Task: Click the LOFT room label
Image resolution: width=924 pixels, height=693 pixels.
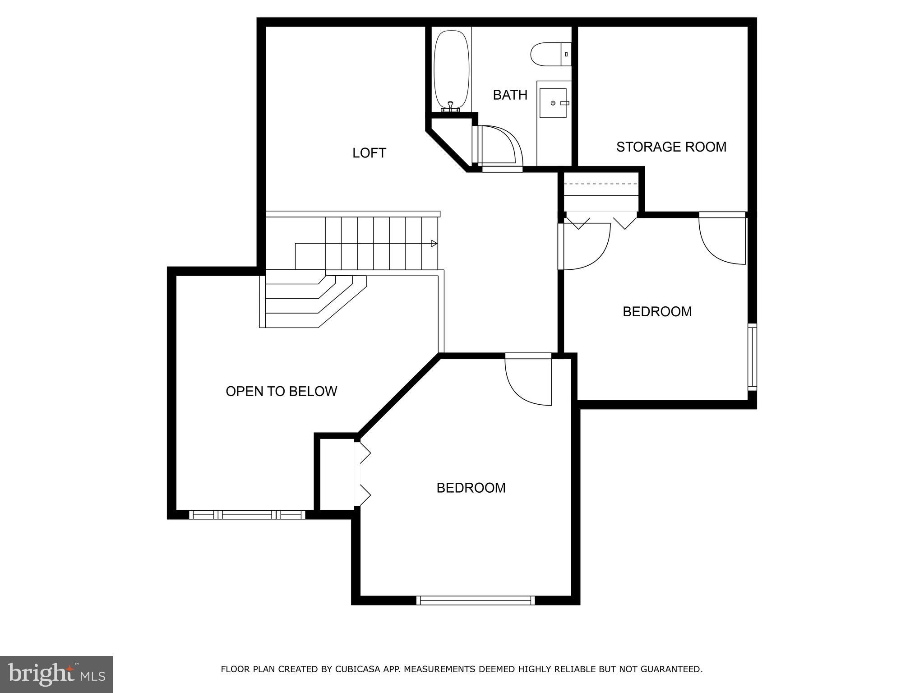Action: (x=369, y=153)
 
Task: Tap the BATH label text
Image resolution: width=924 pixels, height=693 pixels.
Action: (x=510, y=95)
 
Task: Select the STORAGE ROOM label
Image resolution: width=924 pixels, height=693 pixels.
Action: (x=671, y=147)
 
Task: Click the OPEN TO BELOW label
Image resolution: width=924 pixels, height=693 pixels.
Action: (x=281, y=391)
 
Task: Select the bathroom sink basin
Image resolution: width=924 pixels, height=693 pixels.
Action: (x=553, y=103)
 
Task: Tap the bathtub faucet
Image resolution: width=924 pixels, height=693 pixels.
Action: (x=450, y=106)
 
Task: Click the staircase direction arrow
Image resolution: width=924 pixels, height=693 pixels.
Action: (x=434, y=244)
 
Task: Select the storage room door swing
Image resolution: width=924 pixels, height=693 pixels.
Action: (x=722, y=239)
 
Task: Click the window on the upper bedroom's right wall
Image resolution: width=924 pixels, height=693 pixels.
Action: (x=752, y=356)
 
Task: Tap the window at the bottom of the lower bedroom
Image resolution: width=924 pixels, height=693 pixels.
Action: (x=475, y=600)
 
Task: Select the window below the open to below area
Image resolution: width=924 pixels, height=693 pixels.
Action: (x=247, y=515)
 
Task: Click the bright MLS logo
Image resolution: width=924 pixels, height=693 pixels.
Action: (x=56, y=675)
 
